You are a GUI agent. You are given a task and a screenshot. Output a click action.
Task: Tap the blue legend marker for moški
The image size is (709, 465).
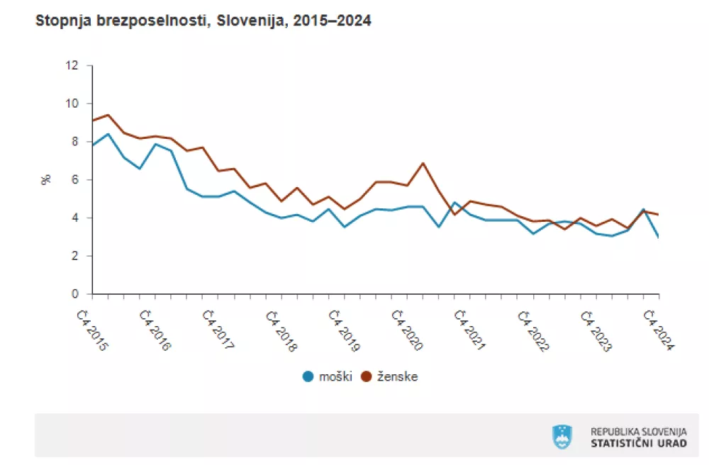308,376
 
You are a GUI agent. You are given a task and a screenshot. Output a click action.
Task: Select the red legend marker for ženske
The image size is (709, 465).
367,376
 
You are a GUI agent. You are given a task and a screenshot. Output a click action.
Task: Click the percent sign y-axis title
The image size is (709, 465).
47,180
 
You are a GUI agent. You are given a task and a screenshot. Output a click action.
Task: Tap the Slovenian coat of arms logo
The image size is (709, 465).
562,436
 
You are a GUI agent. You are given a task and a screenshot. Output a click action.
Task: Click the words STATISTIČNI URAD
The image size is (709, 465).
638,443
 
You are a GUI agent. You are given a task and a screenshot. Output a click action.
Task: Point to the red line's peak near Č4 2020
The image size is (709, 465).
423,163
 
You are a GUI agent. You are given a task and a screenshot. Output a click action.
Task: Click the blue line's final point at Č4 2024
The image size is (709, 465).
659,237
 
